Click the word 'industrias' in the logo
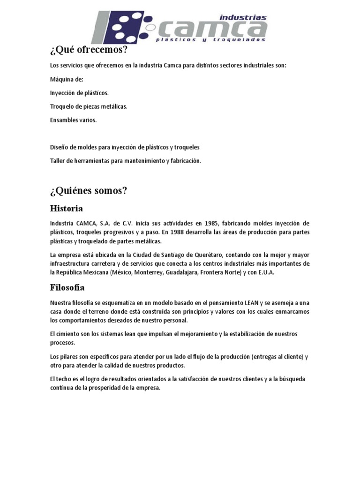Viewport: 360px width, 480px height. point(243,18)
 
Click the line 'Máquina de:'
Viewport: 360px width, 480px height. point(67,79)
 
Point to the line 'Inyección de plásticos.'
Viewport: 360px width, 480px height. point(79,93)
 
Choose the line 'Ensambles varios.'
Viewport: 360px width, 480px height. point(73,120)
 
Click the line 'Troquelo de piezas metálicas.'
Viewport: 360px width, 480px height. point(89,106)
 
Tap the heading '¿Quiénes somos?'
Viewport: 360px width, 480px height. point(89,191)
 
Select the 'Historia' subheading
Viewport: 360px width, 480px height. point(67,208)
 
